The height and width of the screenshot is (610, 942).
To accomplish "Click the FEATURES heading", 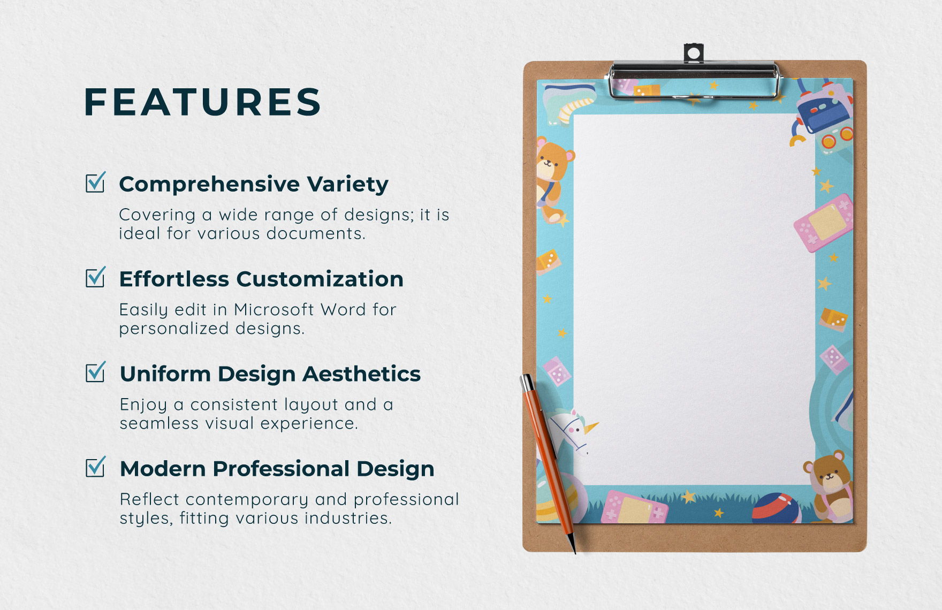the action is pyautogui.click(x=203, y=102).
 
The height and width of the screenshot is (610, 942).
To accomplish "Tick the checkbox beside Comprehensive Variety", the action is pyautogui.click(x=96, y=182).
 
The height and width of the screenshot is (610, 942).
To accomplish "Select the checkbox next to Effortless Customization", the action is pyautogui.click(x=96, y=277).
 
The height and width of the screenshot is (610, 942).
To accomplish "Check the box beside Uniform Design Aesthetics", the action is pyautogui.click(x=96, y=372).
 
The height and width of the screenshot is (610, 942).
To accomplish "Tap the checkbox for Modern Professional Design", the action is pyautogui.click(x=96, y=467).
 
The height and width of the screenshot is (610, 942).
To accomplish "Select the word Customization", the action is pyautogui.click(x=320, y=279).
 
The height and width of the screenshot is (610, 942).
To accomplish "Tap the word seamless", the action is pyautogui.click(x=159, y=423).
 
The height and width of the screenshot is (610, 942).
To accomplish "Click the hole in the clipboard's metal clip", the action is pyautogui.click(x=694, y=54).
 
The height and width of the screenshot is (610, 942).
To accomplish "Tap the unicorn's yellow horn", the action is pyautogui.click(x=591, y=428).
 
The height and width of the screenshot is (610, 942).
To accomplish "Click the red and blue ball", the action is pyautogui.click(x=777, y=508).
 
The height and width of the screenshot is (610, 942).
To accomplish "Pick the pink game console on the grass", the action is pyautogui.click(x=635, y=507).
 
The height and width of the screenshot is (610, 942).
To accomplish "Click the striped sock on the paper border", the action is pyautogui.click(x=568, y=103).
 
